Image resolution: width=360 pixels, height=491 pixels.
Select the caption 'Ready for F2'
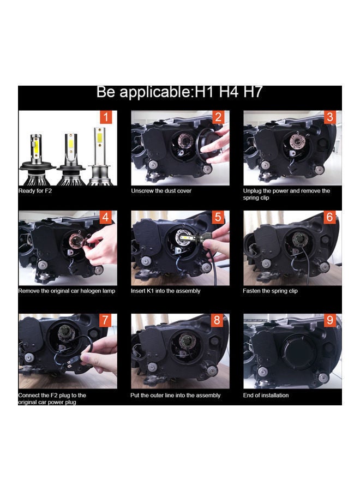[36, 191]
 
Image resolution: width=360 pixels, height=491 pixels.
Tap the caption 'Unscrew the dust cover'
[161, 191]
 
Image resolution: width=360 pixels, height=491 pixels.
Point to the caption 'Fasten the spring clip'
[270, 291]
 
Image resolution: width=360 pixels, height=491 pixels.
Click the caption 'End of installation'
[266, 395]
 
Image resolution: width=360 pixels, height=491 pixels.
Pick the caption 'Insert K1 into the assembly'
[166, 291]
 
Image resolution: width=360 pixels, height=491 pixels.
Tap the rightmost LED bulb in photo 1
[99, 155]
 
